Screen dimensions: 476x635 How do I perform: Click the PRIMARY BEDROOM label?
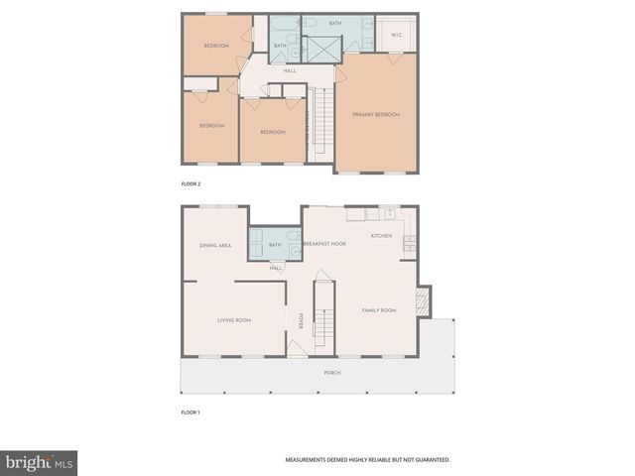376,115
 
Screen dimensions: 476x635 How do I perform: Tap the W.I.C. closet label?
396,36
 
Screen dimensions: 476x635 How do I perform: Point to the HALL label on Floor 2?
290,70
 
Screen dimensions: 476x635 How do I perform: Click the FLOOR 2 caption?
190,184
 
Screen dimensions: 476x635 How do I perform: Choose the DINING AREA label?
215,245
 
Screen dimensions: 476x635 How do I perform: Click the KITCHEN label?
381,236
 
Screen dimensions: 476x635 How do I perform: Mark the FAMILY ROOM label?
378,310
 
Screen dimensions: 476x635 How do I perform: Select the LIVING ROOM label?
234,320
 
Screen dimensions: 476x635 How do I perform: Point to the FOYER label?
301,320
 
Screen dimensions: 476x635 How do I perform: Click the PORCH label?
332,373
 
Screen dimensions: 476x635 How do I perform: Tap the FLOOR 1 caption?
190,412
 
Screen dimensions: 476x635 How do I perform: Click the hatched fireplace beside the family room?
424,301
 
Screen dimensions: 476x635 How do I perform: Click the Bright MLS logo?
40,462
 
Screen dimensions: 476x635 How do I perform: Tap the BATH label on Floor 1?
276,245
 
